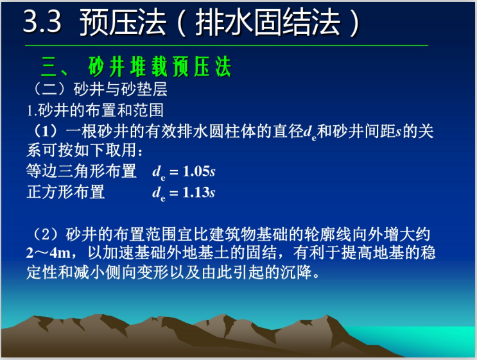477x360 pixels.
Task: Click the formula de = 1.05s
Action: coord(184,172)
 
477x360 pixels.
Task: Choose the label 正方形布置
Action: coord(65,192)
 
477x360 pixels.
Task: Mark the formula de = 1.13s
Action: coord(184,193)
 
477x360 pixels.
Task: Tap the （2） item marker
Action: coord(44,232)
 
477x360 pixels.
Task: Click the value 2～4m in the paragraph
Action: coord(48,253)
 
